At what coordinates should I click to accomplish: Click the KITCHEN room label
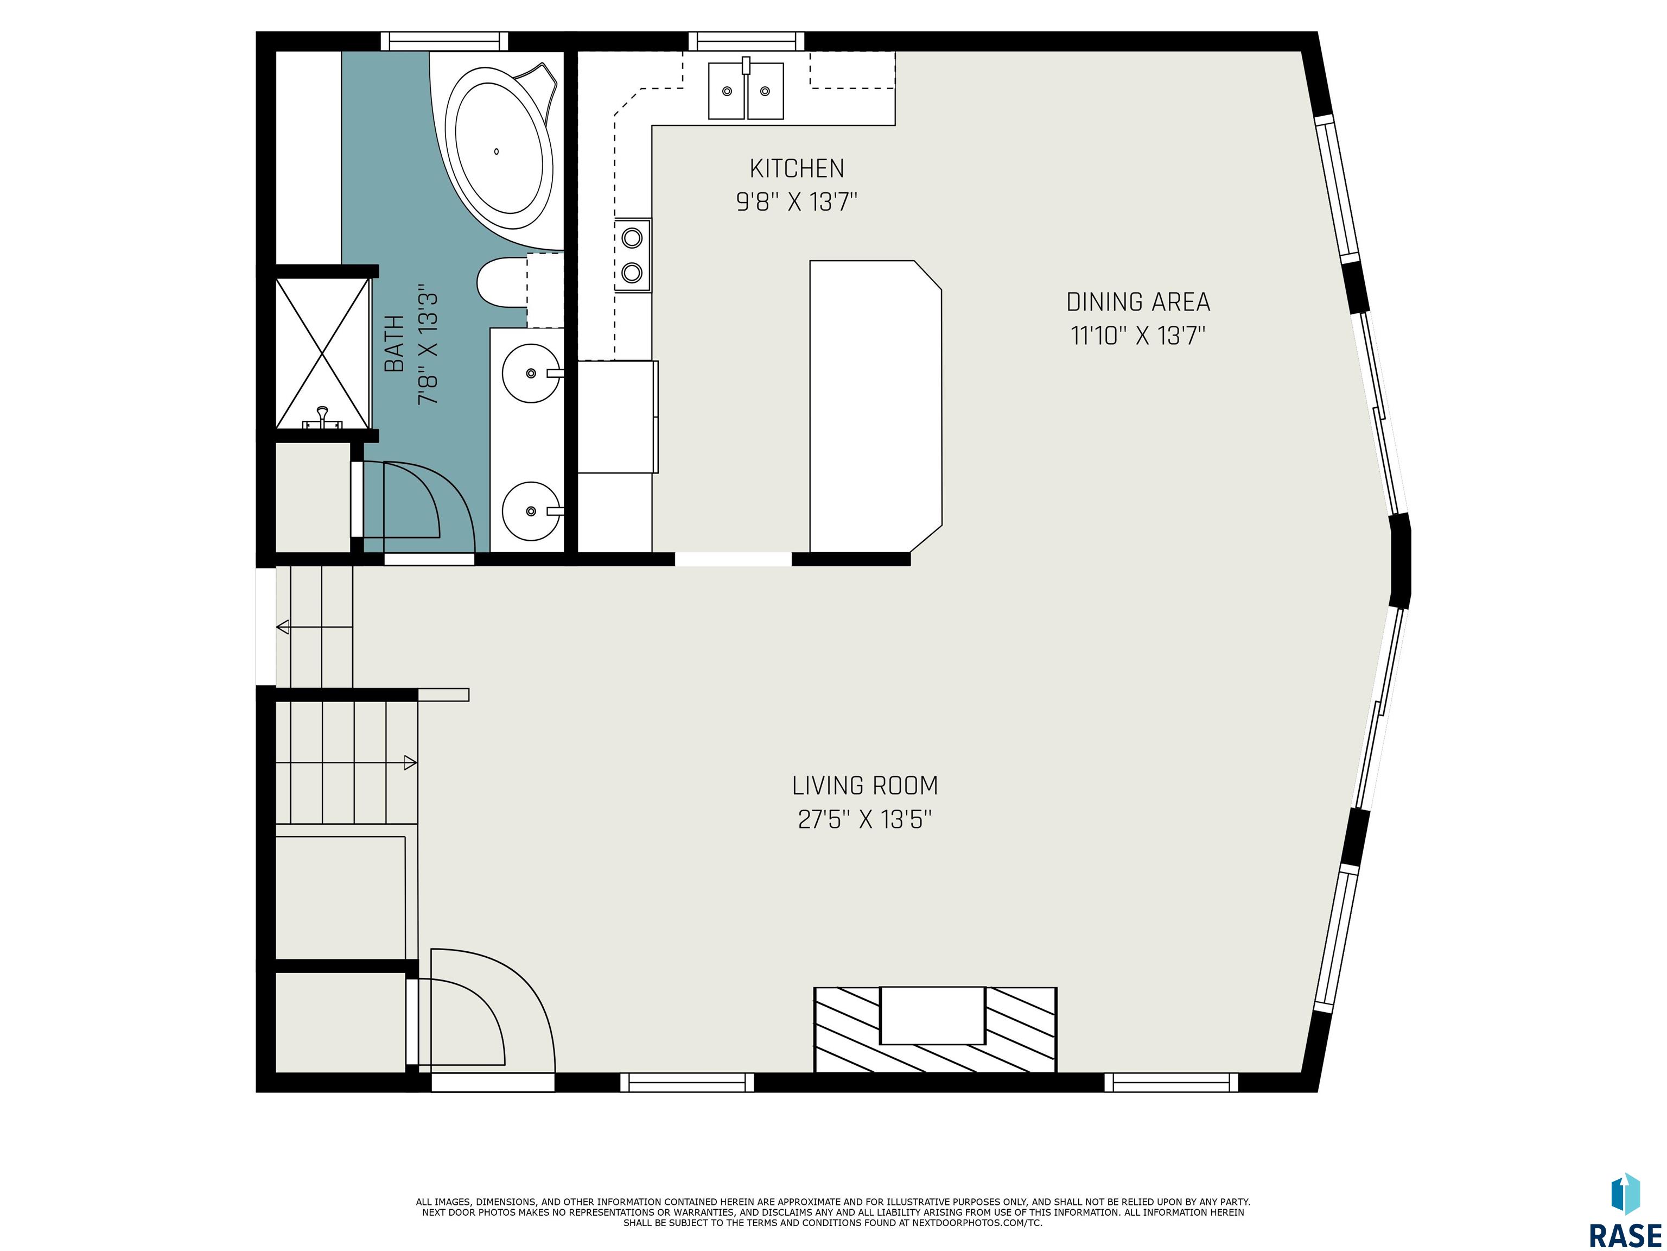[x=797, y=168]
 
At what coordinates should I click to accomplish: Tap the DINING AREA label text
[x=1138, y=302]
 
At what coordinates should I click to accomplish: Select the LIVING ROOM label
[x=865, y=786]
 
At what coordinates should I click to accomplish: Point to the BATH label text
[x=394, y=344]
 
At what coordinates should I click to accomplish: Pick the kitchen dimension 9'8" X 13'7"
[x=797, y=201]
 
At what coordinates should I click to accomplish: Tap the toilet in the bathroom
[x=502, y=282]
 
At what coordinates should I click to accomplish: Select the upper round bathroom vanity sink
[x=532, y=372]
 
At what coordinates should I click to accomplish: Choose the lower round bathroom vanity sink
[x=532, y=511]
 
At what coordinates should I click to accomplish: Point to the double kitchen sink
[x=746, y=91]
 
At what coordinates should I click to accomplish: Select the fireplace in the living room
[x=935, y=1029]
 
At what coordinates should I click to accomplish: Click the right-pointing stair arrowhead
[x=411, y=762]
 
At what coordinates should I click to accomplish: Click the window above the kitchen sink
[x=746, y=41]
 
